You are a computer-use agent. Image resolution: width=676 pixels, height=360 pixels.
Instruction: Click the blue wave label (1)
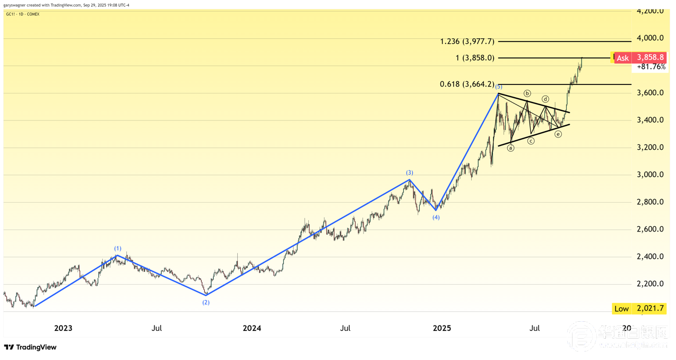[118, 248]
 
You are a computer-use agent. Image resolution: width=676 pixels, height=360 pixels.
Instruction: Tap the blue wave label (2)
[206, 303]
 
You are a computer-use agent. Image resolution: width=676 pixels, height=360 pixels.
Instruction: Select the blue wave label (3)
[410, 173]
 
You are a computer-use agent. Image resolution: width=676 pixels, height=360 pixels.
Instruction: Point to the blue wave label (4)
[436, 217]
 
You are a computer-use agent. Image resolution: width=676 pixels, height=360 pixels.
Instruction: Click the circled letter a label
[510, 148]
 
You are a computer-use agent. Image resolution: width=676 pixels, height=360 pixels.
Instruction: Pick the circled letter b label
[527, 93]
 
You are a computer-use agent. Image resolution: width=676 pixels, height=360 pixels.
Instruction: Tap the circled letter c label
[531, 141]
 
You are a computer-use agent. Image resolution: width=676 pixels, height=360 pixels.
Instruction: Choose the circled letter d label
[545, 99]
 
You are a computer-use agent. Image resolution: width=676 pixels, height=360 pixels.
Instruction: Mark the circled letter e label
[558, 134]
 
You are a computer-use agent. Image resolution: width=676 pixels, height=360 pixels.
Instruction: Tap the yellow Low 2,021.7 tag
[638, 308]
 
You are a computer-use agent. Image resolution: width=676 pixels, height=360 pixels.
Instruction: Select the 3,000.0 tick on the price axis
[651, 175]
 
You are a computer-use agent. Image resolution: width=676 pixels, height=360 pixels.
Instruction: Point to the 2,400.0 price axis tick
[651, 256]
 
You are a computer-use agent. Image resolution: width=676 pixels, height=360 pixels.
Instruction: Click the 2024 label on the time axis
[252, 328]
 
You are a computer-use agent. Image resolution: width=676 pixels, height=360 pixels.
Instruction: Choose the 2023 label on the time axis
[63, 328]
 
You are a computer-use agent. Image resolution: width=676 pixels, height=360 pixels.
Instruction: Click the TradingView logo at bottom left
[30, 347]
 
